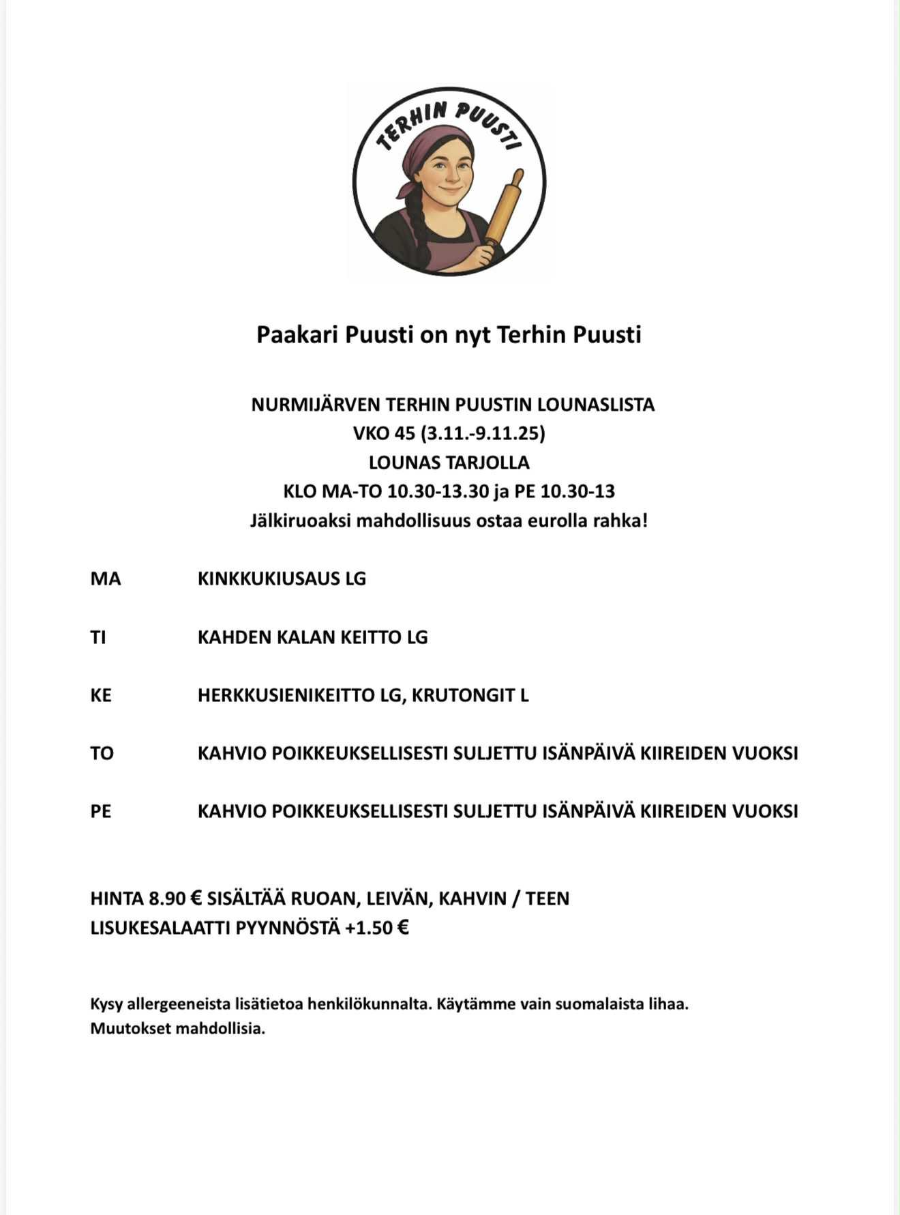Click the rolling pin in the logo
[x=505, y=207]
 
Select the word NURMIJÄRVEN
[x=315, y=405]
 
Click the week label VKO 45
[x=384, y=433]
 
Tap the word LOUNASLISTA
[x=595, y=405]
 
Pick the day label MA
[x=105, y=579]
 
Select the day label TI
[x=98, y=637]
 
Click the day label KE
[x=100, y=695]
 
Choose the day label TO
[x=102, y=753]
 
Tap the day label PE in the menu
[x=100, y=811]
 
